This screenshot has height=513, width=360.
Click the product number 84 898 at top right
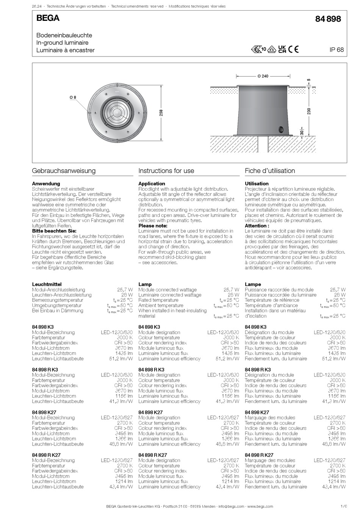[328, 19]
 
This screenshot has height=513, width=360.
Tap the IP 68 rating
[337, 50]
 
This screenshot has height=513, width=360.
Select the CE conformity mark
[293, 49]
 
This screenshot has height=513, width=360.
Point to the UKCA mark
[282, 49]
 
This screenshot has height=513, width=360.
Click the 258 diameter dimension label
[161, 113]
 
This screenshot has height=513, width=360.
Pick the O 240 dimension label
[263, 76]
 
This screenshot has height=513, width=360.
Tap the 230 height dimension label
[309, 111]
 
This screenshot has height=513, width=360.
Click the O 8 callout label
[73, 97]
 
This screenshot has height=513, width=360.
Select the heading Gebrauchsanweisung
[64, 171]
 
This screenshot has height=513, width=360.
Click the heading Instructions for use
[166, 171]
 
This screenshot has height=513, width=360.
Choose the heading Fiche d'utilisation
[270, 171]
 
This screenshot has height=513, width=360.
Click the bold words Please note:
[153, 226]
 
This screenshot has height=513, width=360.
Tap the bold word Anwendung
[46, 184]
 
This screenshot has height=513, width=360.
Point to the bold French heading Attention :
[257, 226]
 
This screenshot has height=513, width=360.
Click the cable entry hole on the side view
[281, 129]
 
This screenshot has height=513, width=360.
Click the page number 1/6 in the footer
[343, 506]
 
